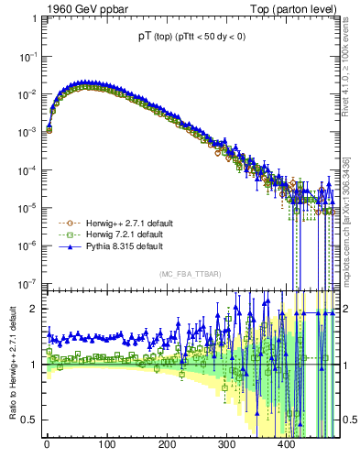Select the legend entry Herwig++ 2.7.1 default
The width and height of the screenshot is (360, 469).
(x=114, y=223)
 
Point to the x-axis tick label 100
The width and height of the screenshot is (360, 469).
(x=106, y=445)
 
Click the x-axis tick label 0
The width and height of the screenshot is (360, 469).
(x=47, y=445)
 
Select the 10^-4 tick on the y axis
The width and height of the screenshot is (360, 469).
(x=27, y=169)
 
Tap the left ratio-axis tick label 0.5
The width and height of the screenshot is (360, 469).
(x=28, y=420)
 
